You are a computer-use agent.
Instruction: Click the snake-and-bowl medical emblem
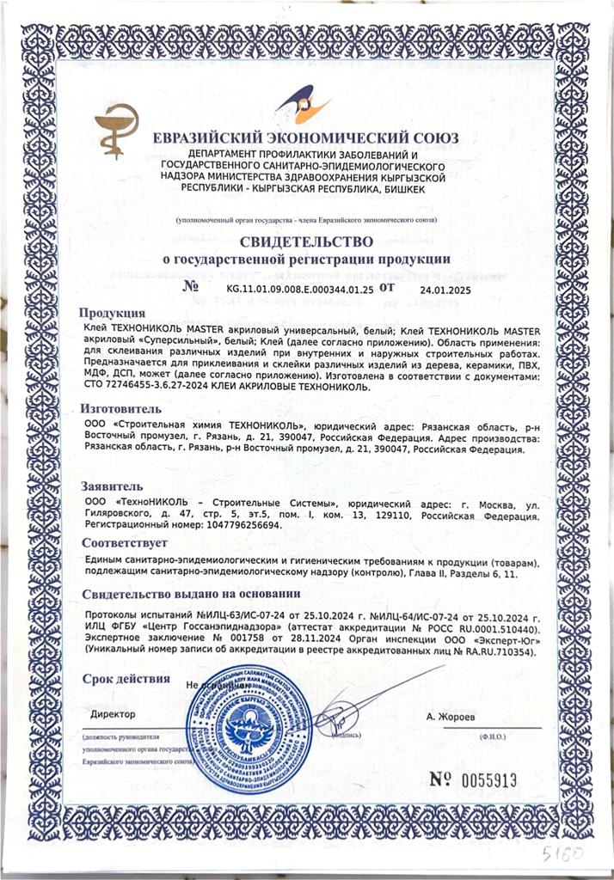click(120, 129)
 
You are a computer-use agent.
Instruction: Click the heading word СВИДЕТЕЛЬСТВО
click(306, 241)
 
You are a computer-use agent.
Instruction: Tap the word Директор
click(114, 714)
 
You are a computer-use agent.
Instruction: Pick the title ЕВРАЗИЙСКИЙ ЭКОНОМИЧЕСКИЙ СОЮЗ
click(305, 138)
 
